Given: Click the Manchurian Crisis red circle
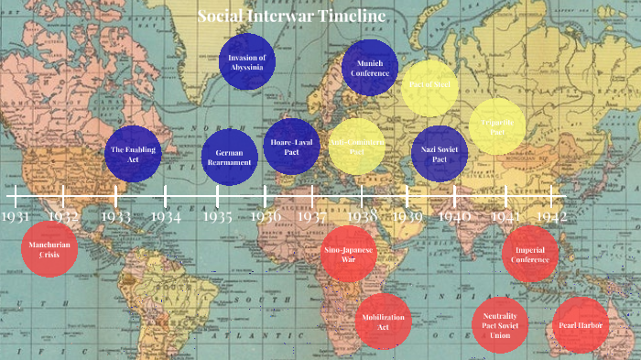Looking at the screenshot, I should pyautogui.click(x=49, y=250).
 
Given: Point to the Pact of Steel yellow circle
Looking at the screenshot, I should pyautogui.click(x=429, y=88).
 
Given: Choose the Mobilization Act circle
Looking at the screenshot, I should pyautogui.click(x=384, y=322).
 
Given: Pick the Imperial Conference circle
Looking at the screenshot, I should pyautogui.click(x=530, y=254).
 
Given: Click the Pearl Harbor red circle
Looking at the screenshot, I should pyautogui.click(x=581, y=324).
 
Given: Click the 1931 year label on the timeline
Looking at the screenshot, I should pyautogui.click(x=15, y=216).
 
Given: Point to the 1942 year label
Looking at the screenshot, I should pyautogui.click(x=551, y=216).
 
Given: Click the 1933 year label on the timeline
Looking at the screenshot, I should pyautogui.click(x=115, y=217).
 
